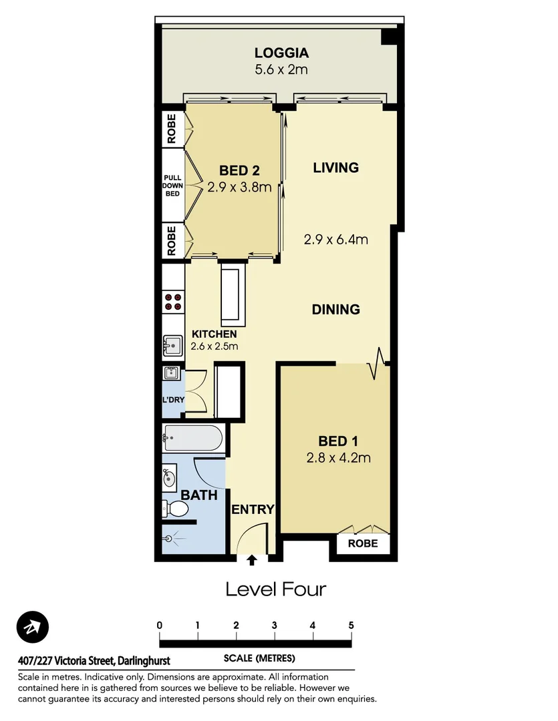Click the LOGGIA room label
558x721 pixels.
click(281, 53)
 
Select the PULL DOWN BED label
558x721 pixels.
click(172, 185)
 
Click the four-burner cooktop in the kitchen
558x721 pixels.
click(174, 302)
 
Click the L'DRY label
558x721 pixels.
click(172, 400)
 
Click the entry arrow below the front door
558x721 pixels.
click(253, 561)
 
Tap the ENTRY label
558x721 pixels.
click(253, 510)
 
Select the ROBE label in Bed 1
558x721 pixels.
click(362, 543)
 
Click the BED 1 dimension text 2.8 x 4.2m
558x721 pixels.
click(337, 458)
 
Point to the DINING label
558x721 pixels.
click(336, 310)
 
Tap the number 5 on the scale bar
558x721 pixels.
click(351, 626)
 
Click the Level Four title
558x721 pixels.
click(275, 589)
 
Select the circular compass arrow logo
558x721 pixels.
click(33, 628)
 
